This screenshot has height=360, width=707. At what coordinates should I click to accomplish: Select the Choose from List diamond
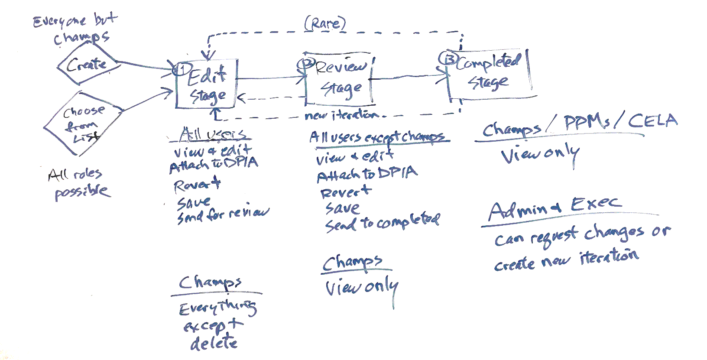83,123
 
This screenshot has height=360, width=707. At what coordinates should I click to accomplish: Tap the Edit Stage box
207,84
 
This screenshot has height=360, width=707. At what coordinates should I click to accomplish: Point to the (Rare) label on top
325,23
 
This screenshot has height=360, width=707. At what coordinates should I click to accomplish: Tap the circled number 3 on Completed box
449,58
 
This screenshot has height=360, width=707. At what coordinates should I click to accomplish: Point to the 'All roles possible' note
78,183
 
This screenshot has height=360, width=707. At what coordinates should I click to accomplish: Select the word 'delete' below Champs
214,343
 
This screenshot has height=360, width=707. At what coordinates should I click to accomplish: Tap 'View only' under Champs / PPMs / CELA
539,155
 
